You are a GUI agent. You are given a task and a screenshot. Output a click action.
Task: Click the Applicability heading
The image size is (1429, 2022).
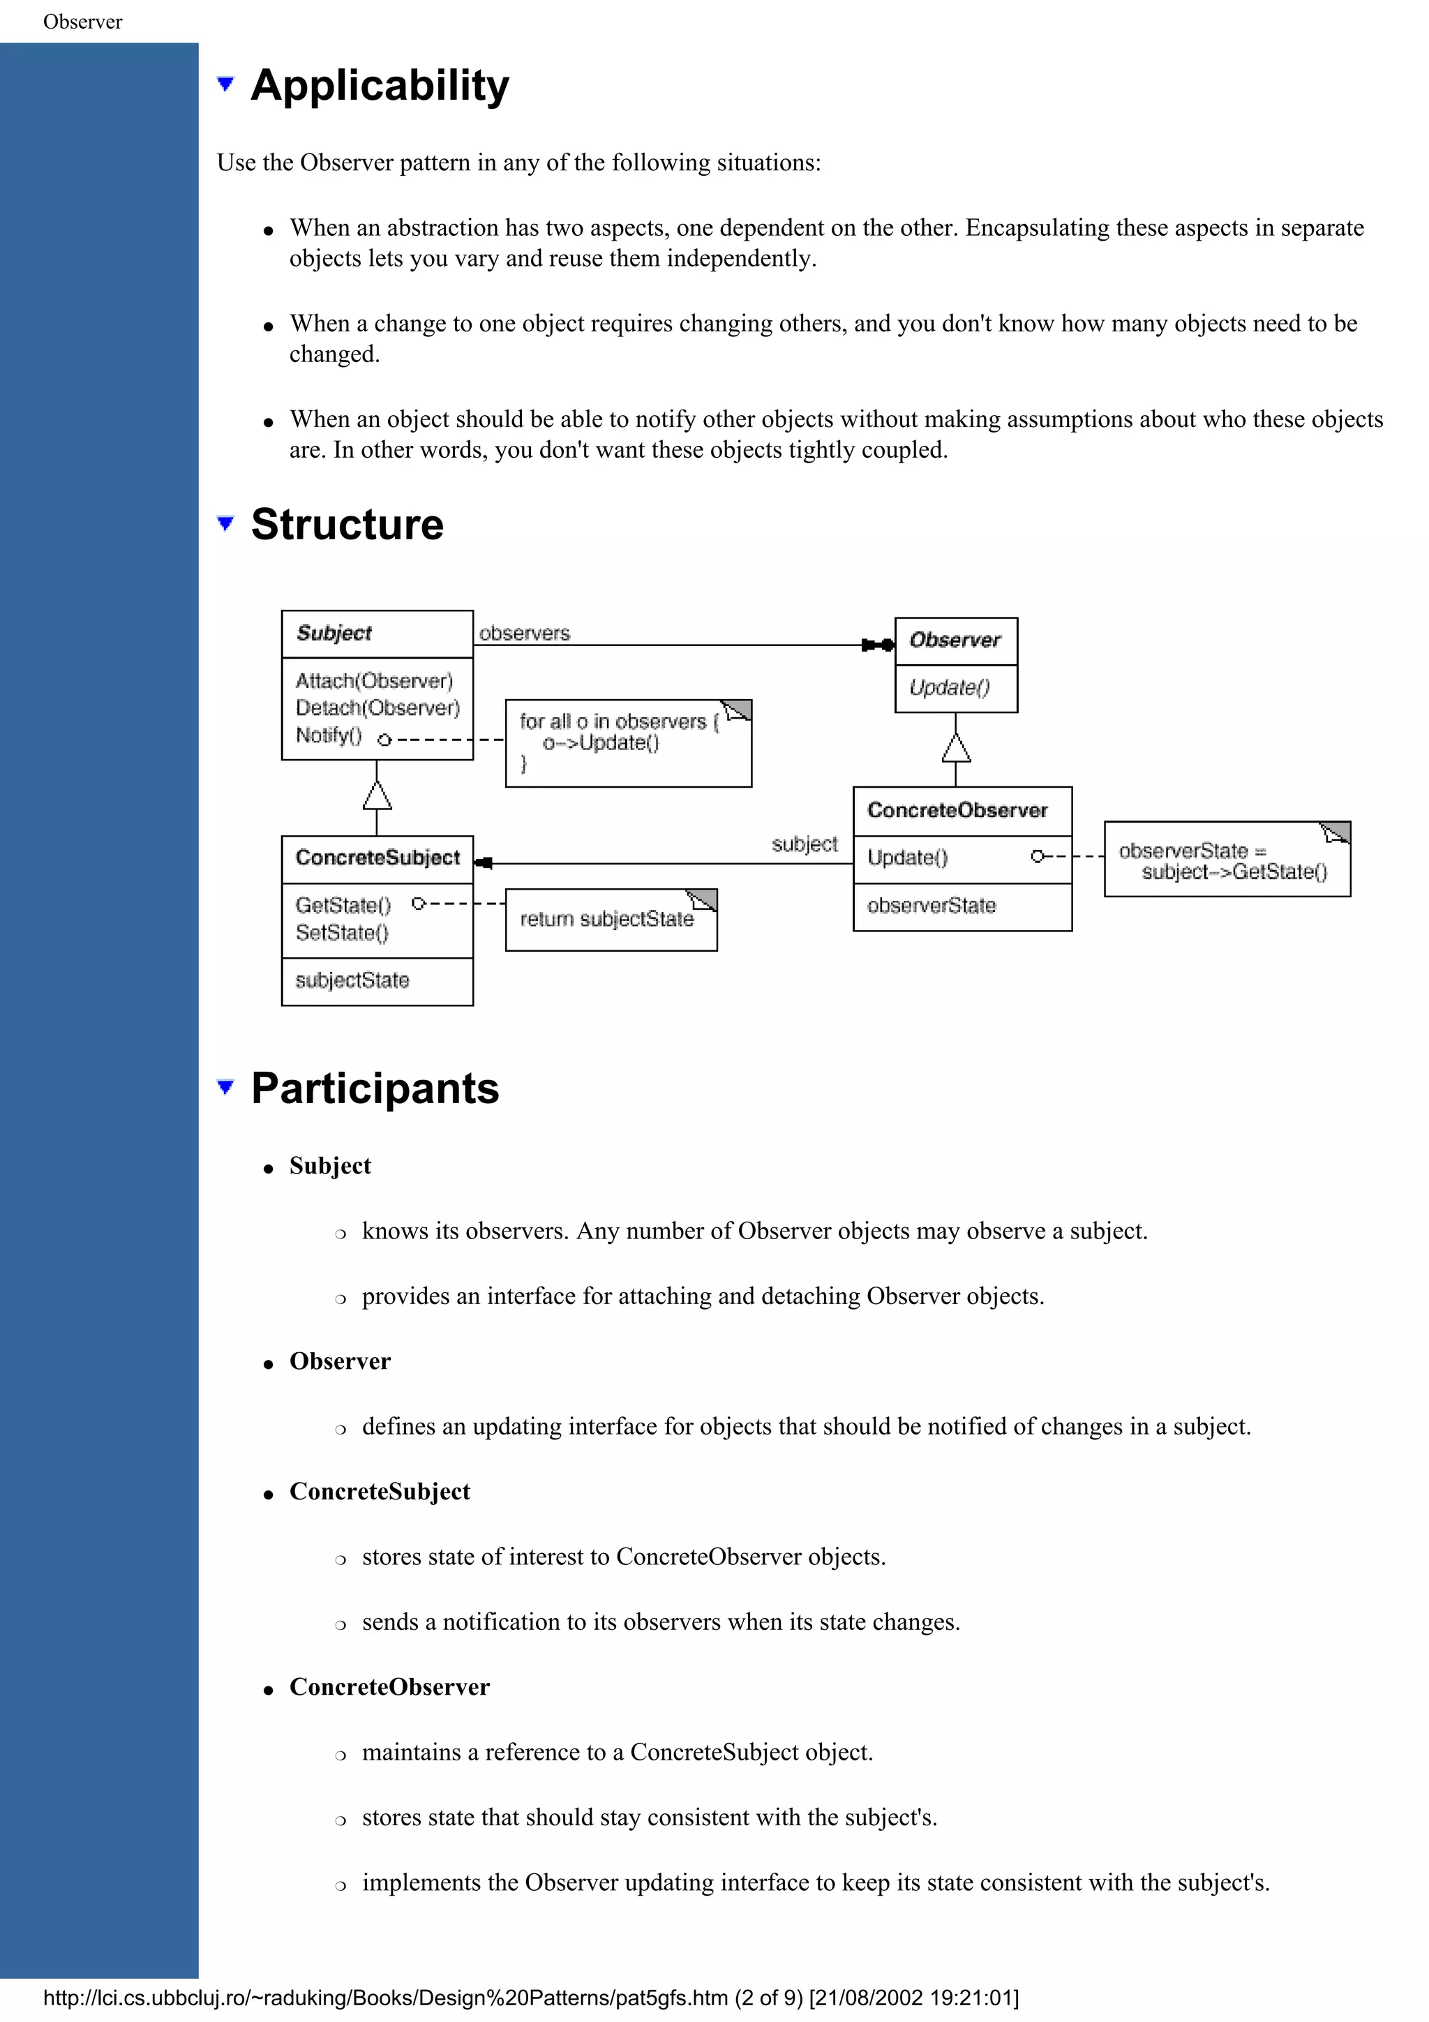point(380,87)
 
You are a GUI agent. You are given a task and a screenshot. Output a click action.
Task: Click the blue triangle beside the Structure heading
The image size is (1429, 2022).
point(225,523)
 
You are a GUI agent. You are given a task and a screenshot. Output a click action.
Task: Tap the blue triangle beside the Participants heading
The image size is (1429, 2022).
point(225,1087)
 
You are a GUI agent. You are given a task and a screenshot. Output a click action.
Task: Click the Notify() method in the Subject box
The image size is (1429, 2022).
point(329,735)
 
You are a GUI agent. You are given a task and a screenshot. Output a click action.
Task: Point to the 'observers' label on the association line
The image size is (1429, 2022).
point(524,634)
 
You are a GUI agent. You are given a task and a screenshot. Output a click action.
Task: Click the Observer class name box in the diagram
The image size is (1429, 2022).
point(955,641)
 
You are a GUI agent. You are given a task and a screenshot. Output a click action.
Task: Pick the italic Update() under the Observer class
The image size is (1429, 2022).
point(949,688)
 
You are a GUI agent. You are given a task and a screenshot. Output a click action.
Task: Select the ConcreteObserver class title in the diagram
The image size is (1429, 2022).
point(957,810)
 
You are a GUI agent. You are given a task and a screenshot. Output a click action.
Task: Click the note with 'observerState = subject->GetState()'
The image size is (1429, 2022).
point(1227,860)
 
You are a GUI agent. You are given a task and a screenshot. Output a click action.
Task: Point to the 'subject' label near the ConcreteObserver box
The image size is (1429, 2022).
point(804,844)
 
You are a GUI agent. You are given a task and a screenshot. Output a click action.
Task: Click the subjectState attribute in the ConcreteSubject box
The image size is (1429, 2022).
point(352,980)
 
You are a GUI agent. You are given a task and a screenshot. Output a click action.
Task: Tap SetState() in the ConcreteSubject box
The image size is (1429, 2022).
point(342,933)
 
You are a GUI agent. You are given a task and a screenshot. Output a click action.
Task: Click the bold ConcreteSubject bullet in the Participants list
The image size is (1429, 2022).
point(380,1491)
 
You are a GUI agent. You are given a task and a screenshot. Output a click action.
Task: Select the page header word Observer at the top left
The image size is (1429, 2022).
point(83,22)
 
